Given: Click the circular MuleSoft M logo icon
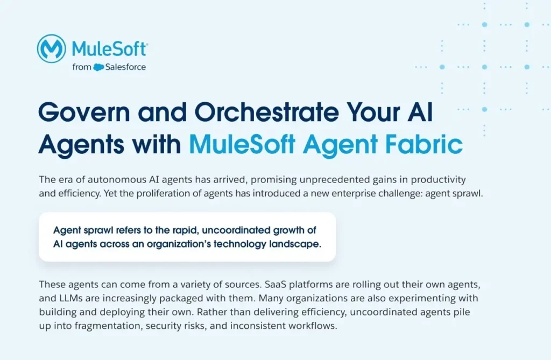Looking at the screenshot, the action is [x=51, y=48].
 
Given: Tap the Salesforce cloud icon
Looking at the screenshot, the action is [x=98, y=67].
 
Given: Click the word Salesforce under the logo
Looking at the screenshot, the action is [x=125, y=67].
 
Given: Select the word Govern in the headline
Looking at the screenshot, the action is [x=84, y=112].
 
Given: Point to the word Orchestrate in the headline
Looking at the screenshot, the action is [x=267, y=112].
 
